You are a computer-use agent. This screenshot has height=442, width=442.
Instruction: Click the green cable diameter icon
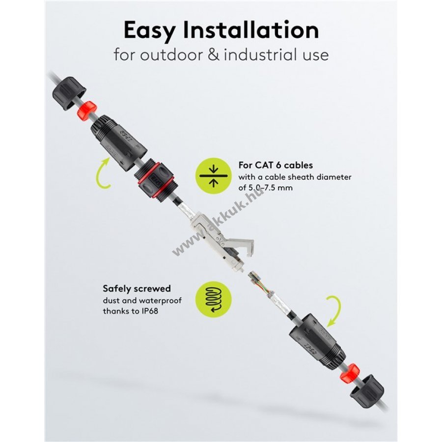pos(214,176)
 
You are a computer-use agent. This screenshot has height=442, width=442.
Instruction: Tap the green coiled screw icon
pos(214,300)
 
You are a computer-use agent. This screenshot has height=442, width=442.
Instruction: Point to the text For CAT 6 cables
pos(276,165)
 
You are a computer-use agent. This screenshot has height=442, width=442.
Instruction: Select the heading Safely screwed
pos(137,289)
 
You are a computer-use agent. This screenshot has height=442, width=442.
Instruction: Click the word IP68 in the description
pos(149,311)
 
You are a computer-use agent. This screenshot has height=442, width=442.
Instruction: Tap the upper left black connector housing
pos(118,142)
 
